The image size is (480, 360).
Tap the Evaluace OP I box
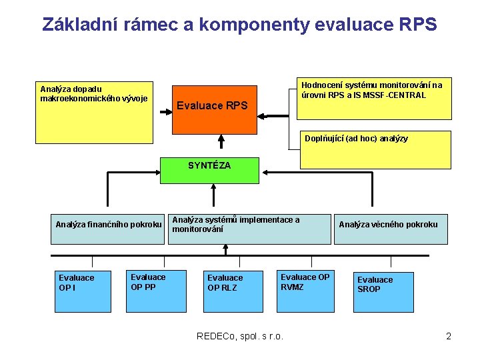pos(82,291)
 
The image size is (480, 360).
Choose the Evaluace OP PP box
pos(156,291)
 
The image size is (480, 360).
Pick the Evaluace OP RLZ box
pos(232,291)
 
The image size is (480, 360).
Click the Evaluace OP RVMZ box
pos(305,291)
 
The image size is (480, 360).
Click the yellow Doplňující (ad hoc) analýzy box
pos(375,149)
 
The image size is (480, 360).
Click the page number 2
pos(449,336)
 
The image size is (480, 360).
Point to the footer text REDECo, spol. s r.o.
pos(240,336)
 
